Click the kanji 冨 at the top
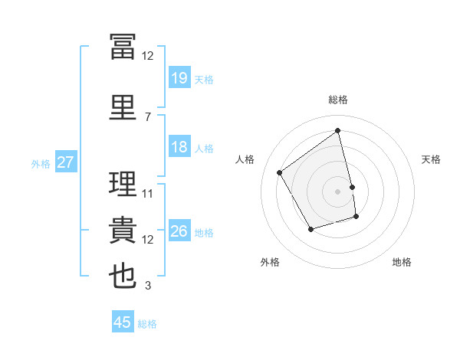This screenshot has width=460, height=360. click(x=123, y=47)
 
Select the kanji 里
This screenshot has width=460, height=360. click(x=123, y=107)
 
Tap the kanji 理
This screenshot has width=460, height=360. click(x=123, y=183)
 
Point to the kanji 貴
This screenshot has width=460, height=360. click(x=123, y=230)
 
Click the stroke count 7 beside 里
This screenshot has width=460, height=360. click(x=148, y=117)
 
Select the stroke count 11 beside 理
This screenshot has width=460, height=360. click(x=147, y=194)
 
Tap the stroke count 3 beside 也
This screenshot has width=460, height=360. click(x=148, y=285)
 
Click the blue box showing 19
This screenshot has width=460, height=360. click(x=180, y=77)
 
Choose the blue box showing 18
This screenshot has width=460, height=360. click(x=180, y=146)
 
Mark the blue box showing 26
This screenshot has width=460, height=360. click(x=180, y=230)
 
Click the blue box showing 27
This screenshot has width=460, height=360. click(x=66, y=162)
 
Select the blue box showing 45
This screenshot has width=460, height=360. click(x=123, y=321)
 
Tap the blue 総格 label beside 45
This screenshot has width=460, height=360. click(x=147, y=324)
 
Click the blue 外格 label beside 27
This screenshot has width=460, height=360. click(x=41, y=164)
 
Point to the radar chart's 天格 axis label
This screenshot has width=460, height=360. click(x=431, y=159)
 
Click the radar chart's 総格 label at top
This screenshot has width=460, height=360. click(x=338, y=100)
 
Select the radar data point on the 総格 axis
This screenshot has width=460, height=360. click(x=337, y=130)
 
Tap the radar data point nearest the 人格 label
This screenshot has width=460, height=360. click(x=280, y=172)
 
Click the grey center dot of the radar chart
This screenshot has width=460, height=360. click(x=337, y=191)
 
